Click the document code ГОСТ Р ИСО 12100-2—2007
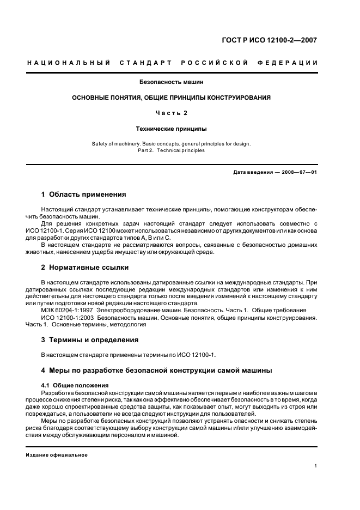[x=277, y=40]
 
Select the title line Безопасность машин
[x=172, y=82]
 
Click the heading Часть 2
[x=172, y=113]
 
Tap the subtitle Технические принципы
[x=172, y=129]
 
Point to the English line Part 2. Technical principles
[x=172, y=150]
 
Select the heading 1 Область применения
[x=84, y=195]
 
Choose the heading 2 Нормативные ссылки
[x=85, y=268]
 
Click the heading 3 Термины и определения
[x=90, y=340]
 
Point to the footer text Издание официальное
[x=56, y=455]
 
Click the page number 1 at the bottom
[x=316, y=466]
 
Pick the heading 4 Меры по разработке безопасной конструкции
[x=157, y=371]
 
